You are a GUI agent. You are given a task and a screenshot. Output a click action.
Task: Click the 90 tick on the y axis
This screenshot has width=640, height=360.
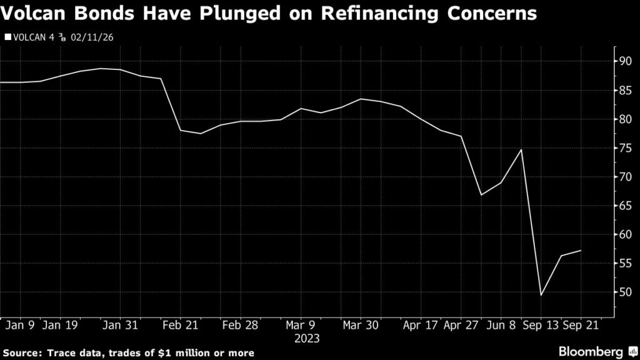[x=625, y=61]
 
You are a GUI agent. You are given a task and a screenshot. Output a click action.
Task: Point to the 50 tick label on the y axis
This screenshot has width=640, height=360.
[x=625, y=292]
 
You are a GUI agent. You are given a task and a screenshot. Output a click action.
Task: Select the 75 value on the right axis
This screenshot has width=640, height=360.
[x=625, y=148]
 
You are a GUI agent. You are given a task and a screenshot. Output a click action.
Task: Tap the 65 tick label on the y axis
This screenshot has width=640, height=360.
[x=625, y=206]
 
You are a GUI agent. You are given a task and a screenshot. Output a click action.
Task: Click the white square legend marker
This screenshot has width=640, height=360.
[x=7, y=37]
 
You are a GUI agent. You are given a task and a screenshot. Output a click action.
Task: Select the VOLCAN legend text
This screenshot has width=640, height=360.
[x=29, y=37]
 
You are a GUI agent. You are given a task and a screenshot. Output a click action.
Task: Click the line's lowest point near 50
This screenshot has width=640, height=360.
[x=541, y=295]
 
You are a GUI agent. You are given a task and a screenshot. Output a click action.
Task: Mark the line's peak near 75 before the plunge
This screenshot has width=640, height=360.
[x=521, y=149]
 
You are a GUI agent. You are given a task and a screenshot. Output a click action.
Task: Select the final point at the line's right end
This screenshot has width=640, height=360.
[x=581, y=251]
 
